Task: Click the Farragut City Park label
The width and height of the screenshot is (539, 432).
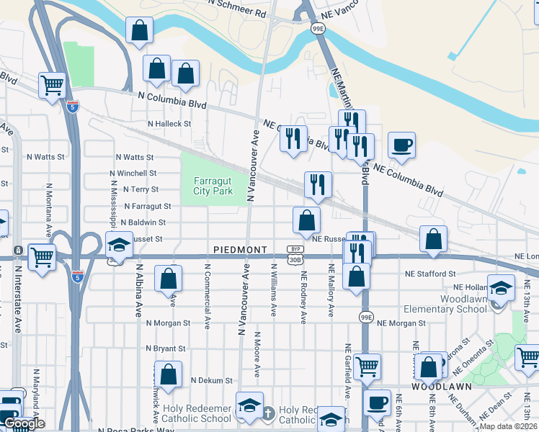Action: (x=213, y=186)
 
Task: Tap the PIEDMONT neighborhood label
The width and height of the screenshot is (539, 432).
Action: (x=241, y=250)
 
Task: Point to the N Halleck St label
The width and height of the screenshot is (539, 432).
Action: (x=169, y=124)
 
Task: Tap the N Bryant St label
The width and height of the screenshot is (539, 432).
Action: (x=165, y=348)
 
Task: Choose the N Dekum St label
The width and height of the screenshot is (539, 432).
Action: (x=212, y=380)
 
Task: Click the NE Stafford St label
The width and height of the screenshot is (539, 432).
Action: (x=430, y=274)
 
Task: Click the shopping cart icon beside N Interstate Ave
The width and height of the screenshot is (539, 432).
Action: (x=43, y=256)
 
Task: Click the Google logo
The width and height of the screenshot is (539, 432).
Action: (x=23, y=423)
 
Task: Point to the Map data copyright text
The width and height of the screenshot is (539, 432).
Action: (x=509, y=426)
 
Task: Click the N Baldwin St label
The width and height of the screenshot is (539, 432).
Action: (x=143, y=223)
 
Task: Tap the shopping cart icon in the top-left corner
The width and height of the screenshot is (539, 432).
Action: (x=53, y=85)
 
